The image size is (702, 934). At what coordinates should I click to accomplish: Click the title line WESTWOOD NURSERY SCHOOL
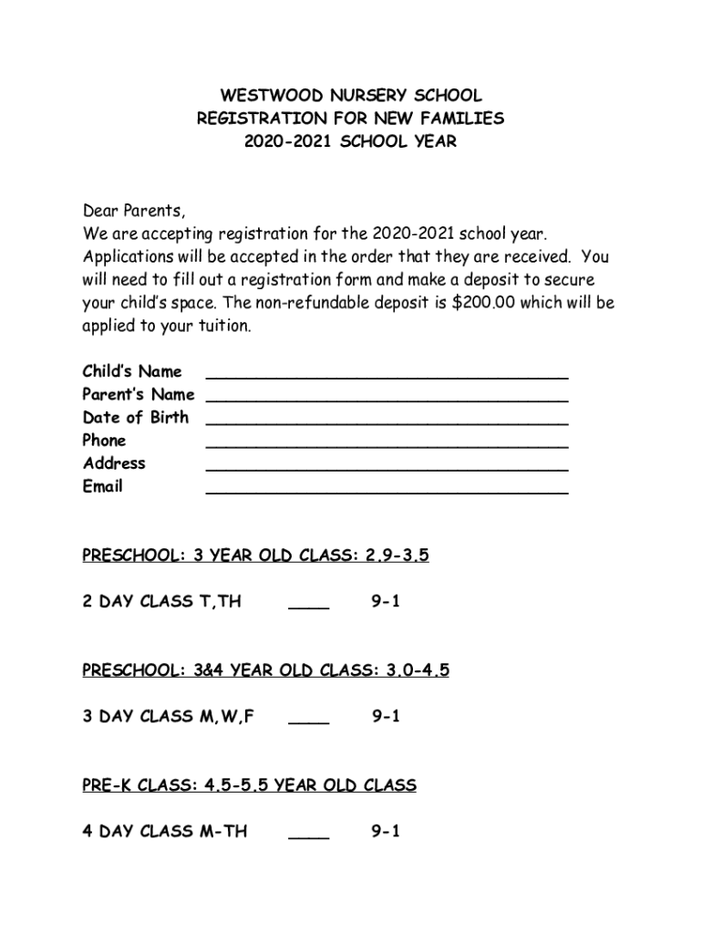point(350,96)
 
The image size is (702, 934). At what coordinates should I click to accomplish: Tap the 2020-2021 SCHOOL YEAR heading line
point(350,142)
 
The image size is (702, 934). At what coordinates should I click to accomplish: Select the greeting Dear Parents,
point(134,212)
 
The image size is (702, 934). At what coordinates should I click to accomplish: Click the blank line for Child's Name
point(387,375)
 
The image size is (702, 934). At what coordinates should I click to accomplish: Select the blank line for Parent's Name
point(387,399)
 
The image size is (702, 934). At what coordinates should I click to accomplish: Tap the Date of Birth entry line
point(387,421)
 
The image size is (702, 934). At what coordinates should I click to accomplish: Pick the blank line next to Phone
point(387,444)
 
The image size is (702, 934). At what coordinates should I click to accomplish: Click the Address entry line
point(387,468)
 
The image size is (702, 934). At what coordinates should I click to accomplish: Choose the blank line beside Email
point(387,491)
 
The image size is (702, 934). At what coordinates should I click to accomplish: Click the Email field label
point(102,486)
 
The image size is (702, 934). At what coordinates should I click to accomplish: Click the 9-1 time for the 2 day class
point(386,602)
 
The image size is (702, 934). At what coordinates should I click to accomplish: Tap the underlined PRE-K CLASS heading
point(249,785)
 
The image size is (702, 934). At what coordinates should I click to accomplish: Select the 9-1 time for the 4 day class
point(386,832)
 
